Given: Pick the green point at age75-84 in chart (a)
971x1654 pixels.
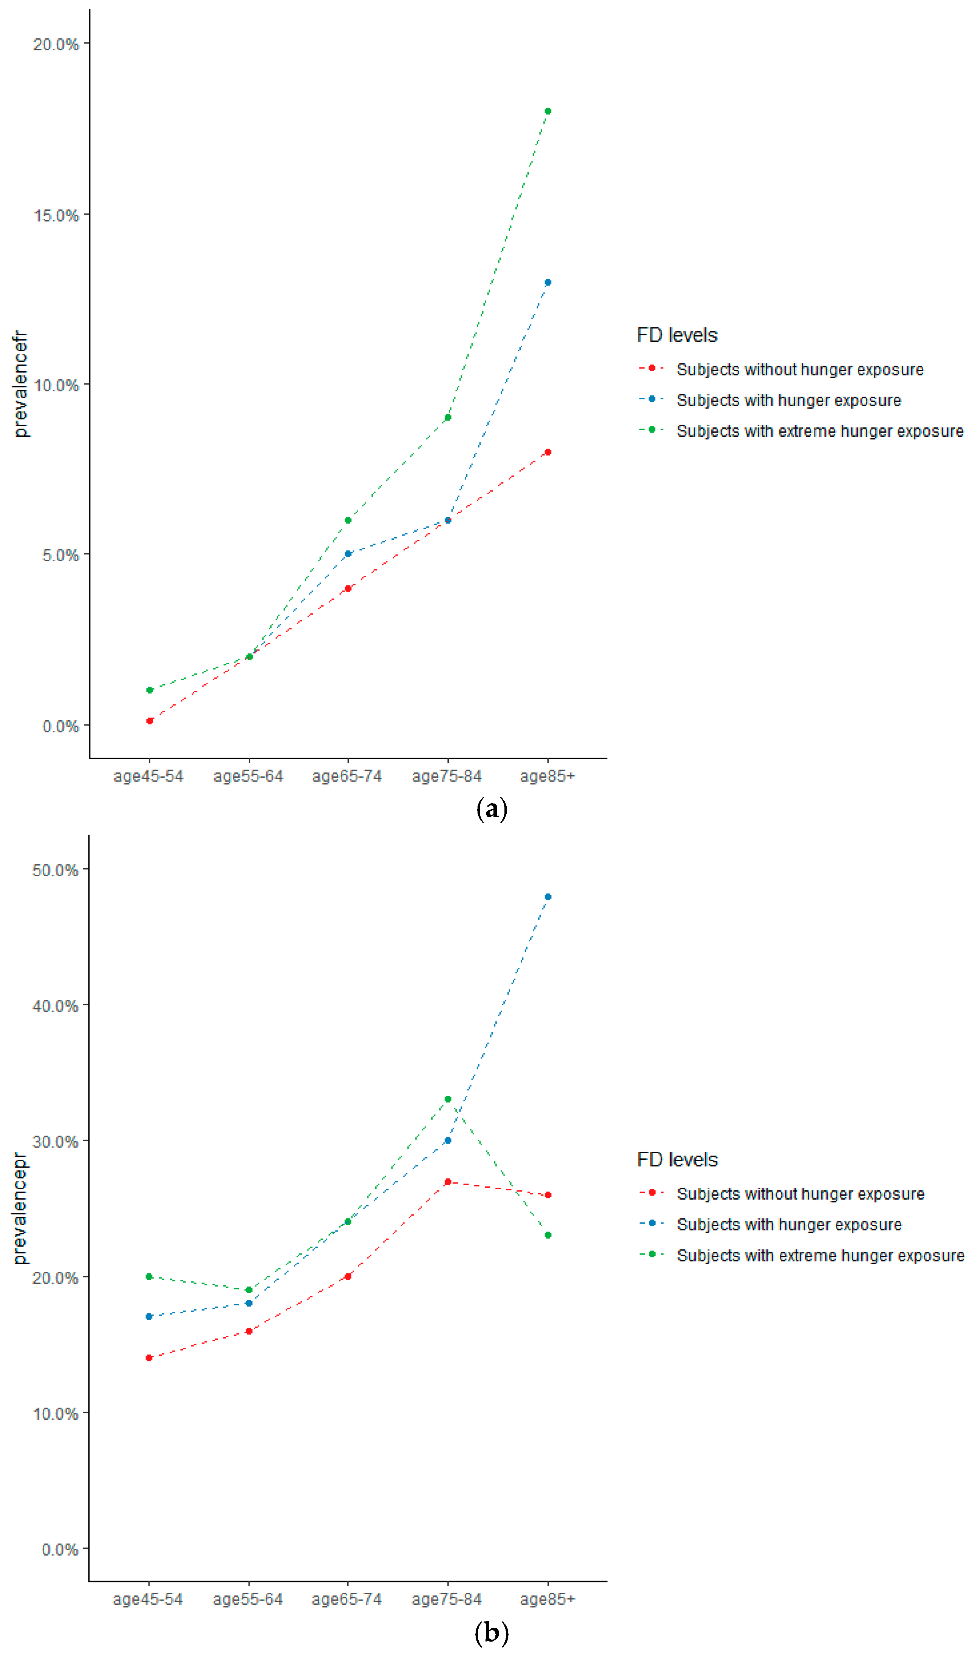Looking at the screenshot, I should coord(448,417).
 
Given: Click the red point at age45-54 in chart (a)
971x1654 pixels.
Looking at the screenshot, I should coord(150,721).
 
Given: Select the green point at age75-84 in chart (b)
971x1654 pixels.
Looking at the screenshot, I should coord(448,1099).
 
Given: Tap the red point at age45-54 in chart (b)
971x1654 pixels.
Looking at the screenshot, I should coord(149,1357).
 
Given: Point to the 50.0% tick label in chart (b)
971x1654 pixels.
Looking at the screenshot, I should coord(55,870).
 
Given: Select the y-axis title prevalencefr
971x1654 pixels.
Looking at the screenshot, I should coord(20,384).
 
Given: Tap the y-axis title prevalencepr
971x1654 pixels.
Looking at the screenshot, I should coord(20,1208).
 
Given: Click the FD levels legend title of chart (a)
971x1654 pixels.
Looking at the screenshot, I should coord(677,335).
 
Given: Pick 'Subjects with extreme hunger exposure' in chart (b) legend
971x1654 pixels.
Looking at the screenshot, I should coord(820,1255).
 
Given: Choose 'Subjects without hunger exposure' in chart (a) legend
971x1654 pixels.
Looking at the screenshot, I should coord(800,369).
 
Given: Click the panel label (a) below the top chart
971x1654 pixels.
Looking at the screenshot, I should coord(491,808).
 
